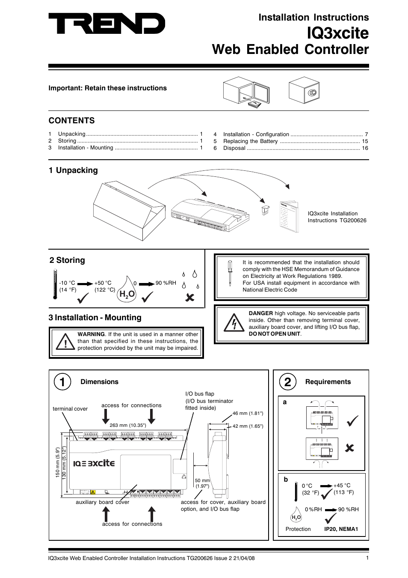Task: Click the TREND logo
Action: pyautogui.click(x=106, y=24)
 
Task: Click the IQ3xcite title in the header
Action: pyautogui.click(x=337, y=33)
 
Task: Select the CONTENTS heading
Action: pyautogui.click(x=71, y=121)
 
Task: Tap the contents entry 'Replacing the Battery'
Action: pyautogui.click(x=250, y=141)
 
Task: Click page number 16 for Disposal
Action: pyautogui.click(x=365, y=148)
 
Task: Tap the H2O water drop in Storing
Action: pyautogui.click(x=127, y=290)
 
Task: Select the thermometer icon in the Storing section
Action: pyautogui.click(x=55, y=284)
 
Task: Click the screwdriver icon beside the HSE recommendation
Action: pyautogui.click(x=230, y=273)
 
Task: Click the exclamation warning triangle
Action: pyautogui.click(x=65, y=342)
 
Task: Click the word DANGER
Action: pyautogui.click(x=260, y=313)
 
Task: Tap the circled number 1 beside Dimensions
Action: pyautogui.click(x=62, y=381)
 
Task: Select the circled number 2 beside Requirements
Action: pyautogui.click(x=287, y=381)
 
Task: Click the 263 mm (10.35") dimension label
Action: pyautogui.click(x=127, y=425)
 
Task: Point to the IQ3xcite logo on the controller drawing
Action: pyautogui.click(x=94, y=463)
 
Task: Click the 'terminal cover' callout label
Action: pyautogui.click(x=70, y=409)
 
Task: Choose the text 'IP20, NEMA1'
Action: pyautogui.click(x=341, y=529)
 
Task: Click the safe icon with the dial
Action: pyautogui.click(x=304, y=90)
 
